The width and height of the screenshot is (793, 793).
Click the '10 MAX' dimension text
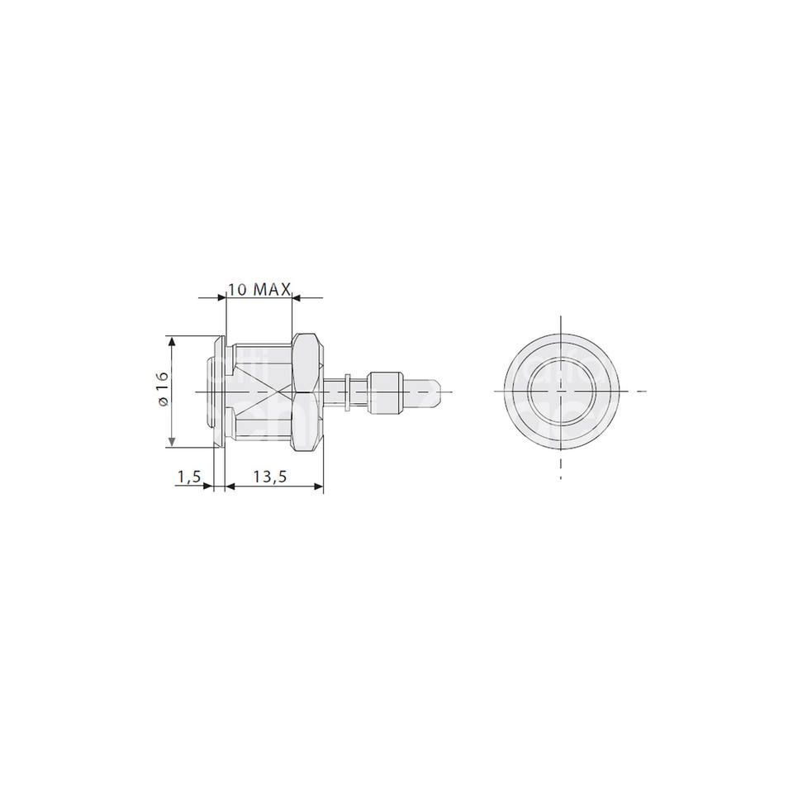pyautogui.click(x=259, y=289)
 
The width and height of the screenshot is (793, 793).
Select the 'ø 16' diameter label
pyautogui.click(x=162, y=389)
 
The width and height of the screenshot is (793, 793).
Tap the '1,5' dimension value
pyautogui.click(x=189, y=477)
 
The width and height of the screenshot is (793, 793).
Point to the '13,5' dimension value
pyautogui.click(x=270, y=477)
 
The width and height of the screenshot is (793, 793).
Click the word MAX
pyautogui.click(x=272, y=289)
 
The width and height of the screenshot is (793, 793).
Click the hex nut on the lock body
pyautogui.click(x=307, y=391)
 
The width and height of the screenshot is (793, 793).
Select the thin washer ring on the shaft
pyautogui.click(x=348, y=392)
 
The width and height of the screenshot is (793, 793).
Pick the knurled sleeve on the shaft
pyautogui.click(x=386, y=392)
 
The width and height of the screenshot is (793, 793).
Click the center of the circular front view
pyautogui.click(x=560, y=391)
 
